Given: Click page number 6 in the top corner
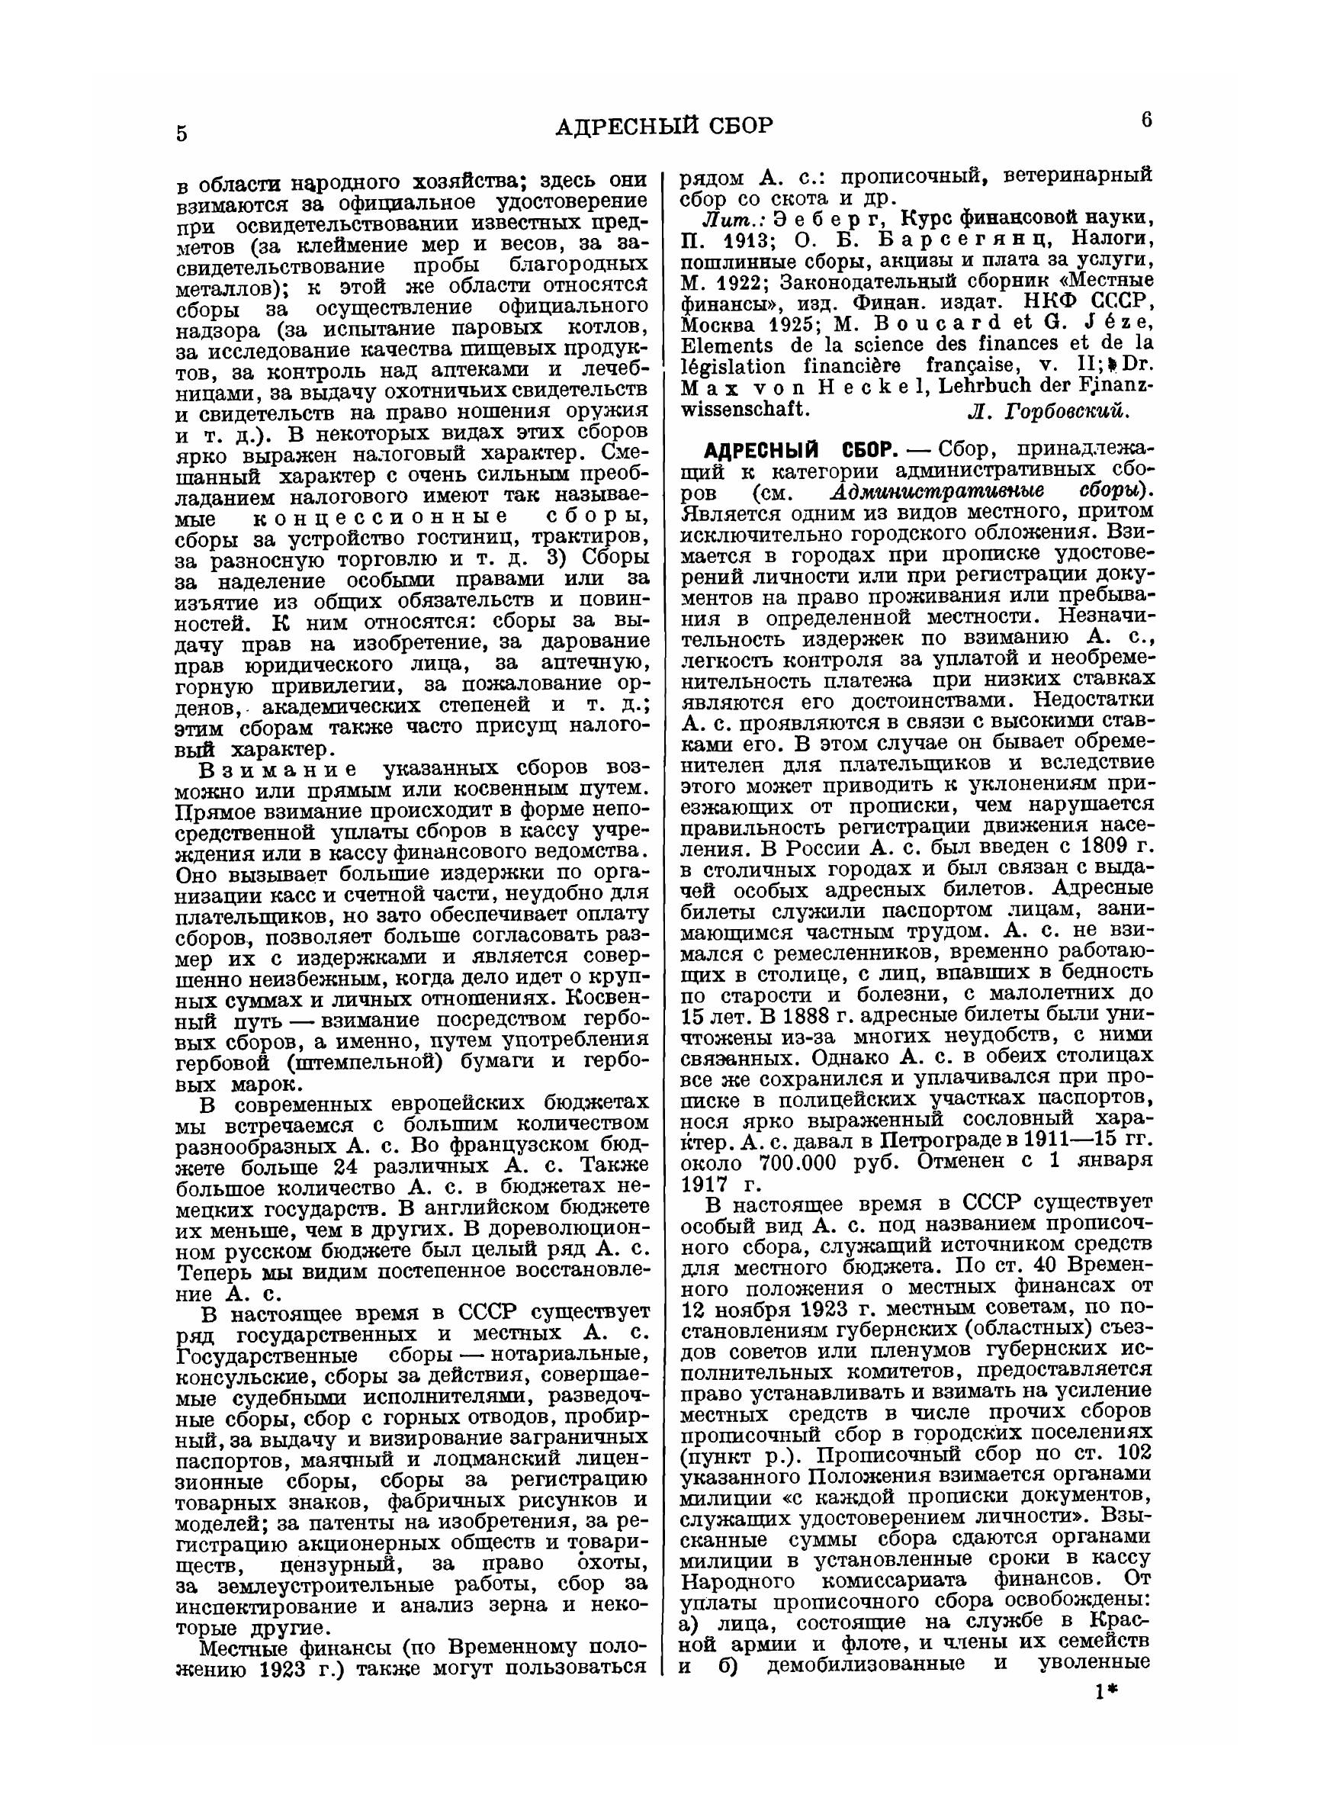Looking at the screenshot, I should pos(1146,120).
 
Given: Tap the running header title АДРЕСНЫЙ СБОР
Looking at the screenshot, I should pos(664,127).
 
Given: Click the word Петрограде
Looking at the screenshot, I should pos(942,1143).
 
